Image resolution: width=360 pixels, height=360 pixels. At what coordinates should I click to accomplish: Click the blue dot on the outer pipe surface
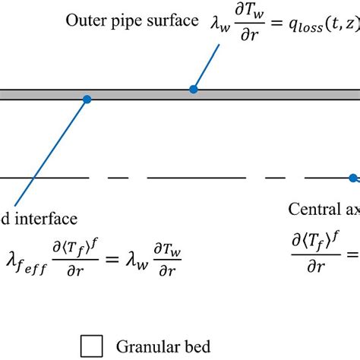[194, 89]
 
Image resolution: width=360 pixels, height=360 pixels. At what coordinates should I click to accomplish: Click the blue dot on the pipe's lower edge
[87, 99]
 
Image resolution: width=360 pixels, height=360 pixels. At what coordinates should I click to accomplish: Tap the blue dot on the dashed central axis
[352, 178]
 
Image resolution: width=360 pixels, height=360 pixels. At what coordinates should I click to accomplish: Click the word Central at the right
[314, 209]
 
